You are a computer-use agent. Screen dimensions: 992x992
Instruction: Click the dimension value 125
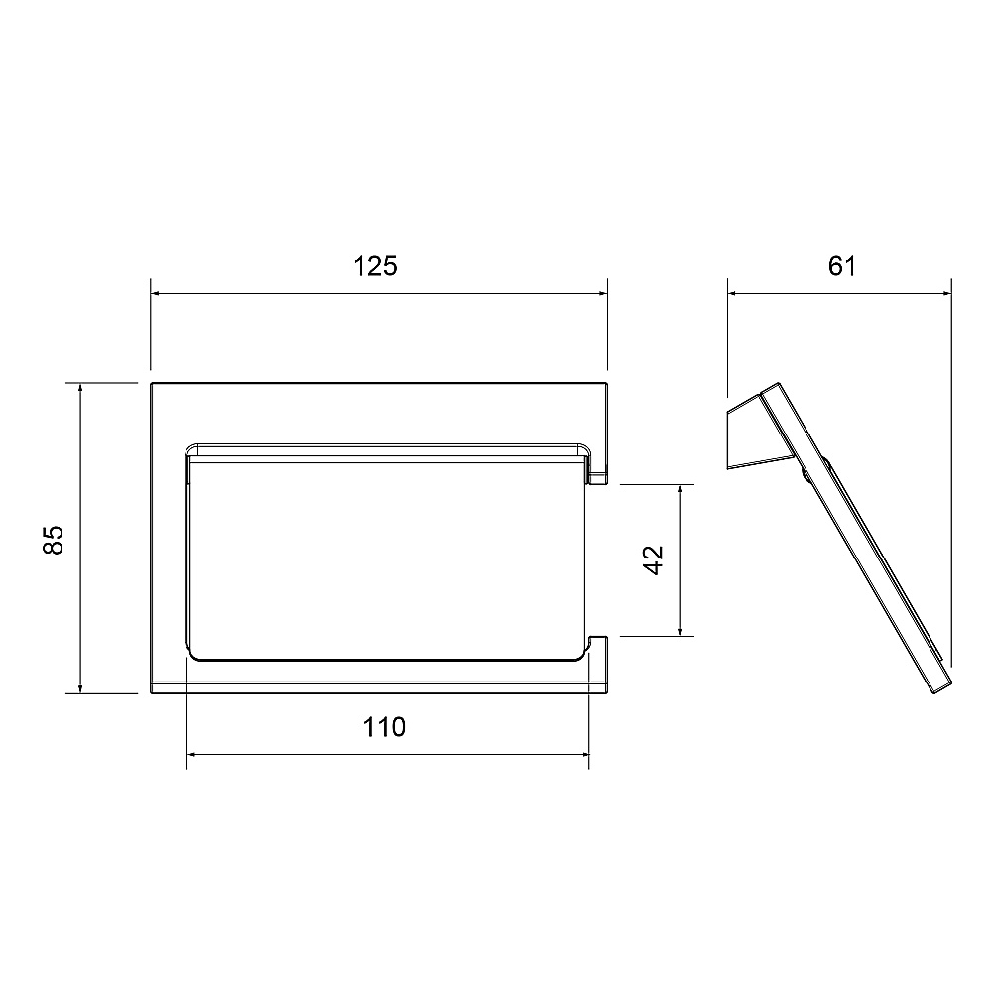click(x=375, y=266)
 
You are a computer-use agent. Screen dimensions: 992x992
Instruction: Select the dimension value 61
click(x=842, y=266)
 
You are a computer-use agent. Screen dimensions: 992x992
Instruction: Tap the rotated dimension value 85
click(x=54, y=540)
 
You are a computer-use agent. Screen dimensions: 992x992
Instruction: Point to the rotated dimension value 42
click(x=653, y=560)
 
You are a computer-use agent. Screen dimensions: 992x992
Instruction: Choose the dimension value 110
click(x=384, y=727)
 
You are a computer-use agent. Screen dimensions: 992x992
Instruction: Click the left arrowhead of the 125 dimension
click(x=156, y=293)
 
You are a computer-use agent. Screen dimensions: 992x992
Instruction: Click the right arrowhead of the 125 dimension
click(x=602, y=293)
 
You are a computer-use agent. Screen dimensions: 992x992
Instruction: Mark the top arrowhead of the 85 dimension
click(x=80, y=388)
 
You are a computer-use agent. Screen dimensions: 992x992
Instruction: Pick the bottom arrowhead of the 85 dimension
click(x=80, y=688)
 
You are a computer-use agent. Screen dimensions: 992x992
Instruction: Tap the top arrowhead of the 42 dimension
click(x=680, y=490)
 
